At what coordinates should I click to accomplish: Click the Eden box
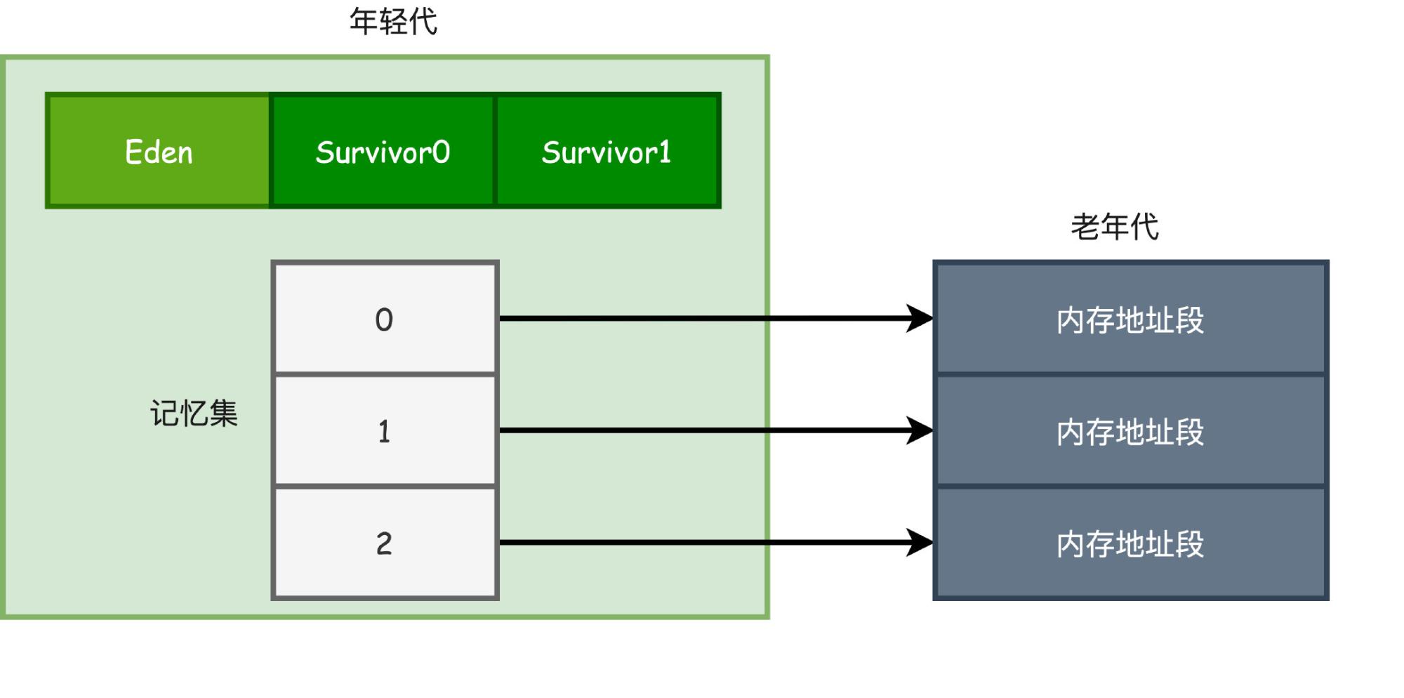coord(158,150)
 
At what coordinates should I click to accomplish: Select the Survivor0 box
coord(383,150)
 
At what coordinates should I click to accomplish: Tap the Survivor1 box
coord(608,150)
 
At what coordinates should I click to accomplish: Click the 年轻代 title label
coord(393,22)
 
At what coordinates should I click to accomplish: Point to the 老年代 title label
coord(1115,227)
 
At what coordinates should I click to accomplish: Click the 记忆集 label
coord(194,413)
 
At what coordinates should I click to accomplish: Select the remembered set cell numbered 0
coord(385,318)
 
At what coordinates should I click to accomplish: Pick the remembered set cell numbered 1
coord(385,430)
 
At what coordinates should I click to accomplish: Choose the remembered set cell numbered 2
coord(385,543)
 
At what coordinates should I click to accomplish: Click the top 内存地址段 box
coord(1131,318)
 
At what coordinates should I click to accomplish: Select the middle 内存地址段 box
coord(1131,430)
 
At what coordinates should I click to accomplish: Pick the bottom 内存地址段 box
coord(1131,543)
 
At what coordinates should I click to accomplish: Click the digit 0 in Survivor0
coord(441,152)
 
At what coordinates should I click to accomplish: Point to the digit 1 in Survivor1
coord(664,152)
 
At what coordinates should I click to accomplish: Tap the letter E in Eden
coord(133,152)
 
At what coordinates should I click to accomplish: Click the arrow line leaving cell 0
coord(716,318)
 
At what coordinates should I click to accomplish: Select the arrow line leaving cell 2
coord(716,543)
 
